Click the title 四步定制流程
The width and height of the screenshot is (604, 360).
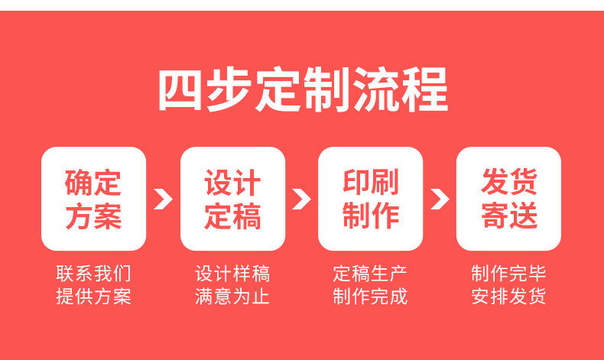click(303, 91)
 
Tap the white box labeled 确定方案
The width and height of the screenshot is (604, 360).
click(93, 199)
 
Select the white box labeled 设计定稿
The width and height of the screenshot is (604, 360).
click(232, 199)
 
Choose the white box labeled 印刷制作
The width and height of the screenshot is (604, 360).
click(371, 199)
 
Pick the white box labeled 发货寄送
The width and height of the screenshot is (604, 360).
click(509, 199)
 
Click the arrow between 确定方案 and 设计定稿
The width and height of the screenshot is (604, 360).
click(163, 199)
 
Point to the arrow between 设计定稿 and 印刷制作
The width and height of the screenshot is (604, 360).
click(301, 199)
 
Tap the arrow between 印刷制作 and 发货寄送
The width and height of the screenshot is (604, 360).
click(440, 199)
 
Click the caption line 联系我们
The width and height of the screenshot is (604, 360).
click(93, 274)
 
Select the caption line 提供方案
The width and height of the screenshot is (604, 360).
click(93, 297)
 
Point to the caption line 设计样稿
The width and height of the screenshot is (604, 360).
click(232, 274)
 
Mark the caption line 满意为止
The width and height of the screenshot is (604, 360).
click(232, 297)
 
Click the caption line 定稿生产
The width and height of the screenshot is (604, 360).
click(371, 274)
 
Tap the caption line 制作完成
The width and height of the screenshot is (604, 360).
click(371, 297)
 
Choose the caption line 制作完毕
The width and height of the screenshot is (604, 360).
click(509, 274)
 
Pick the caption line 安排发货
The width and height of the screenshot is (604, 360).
click(509, 297)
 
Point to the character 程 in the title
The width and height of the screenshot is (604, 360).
click(424, 91)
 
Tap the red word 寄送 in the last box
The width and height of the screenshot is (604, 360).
click(509, 216)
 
